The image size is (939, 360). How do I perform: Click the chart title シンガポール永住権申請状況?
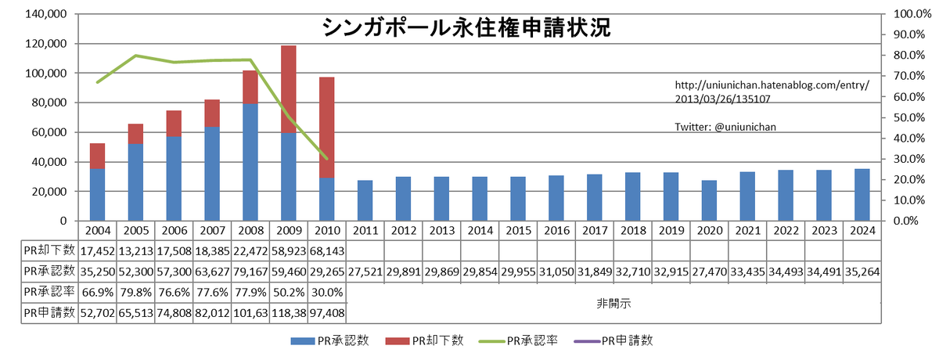[x=467, y=28]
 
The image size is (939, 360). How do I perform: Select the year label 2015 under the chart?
[x=519, y=231]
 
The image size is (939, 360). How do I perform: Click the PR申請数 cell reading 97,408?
[x=327, y=311]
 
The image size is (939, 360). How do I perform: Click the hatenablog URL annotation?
[x=772, y=92]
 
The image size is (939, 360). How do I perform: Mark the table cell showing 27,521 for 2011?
[x=365, y=270]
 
